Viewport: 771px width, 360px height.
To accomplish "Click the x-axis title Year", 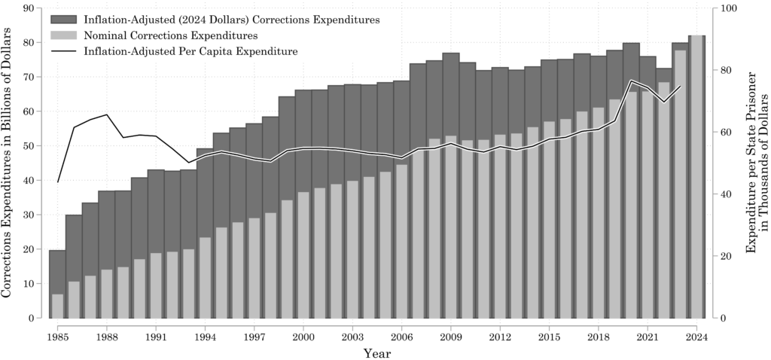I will [x=376, y=352].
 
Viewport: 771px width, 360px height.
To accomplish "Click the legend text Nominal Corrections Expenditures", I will [x=172, y=35].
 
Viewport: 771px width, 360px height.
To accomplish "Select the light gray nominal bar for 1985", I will [x=57, y=306].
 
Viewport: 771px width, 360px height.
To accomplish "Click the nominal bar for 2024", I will [x=696, y=177].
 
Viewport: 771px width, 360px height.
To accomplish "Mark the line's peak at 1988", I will [x=107, y=114].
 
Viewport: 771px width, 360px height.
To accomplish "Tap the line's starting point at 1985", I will [x=58, y=182].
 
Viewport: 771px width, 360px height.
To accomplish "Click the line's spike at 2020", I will [x=632, y=81].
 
